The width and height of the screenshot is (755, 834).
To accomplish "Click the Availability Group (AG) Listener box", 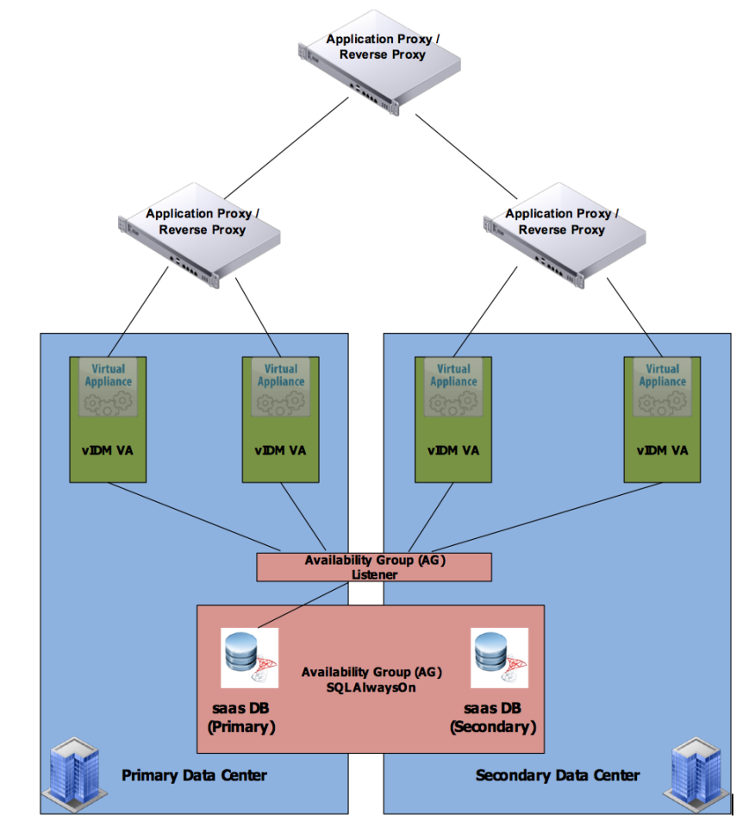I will (374, 567).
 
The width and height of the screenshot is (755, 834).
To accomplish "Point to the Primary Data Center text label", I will (194, 775).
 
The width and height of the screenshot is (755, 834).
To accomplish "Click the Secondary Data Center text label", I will (558, 775).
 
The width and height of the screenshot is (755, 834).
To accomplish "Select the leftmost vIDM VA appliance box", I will (108, 418).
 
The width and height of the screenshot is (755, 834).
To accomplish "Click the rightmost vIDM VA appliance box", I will (662, 418).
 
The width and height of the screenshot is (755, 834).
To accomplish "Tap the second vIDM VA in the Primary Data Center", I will (280, 418).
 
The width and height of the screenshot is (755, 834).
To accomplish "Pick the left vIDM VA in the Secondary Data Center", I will (453, 418).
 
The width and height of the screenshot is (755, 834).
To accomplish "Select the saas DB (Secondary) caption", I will (493, 718).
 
